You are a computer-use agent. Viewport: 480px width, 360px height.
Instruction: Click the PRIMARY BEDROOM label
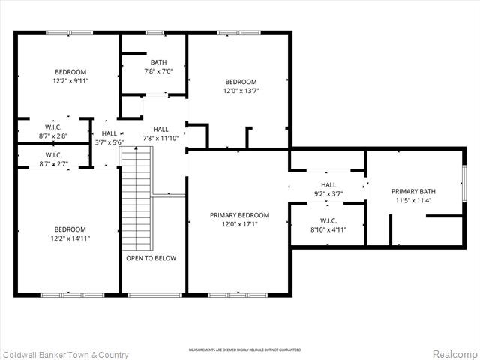tap(239, 215)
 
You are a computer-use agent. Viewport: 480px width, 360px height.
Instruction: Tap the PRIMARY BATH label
tap(413, 191)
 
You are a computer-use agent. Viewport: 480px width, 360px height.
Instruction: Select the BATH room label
tap(158, 62)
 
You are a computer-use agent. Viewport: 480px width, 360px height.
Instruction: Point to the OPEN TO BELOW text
tap(151, 258)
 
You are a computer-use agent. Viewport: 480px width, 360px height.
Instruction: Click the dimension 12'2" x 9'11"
tap(70, 80)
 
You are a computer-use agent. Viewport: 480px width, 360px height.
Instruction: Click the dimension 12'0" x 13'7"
tap(241, 91)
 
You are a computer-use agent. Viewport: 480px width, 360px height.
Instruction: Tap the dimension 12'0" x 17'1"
tap(239, 224)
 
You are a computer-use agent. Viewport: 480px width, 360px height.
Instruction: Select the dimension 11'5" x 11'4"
tap(413, 200)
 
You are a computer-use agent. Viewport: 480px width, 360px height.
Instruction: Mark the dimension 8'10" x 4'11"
tap(328, 229)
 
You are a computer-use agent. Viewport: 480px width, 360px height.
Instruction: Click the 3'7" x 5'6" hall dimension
tap(109, 142)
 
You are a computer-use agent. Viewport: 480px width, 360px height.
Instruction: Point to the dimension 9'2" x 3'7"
tap(328, 193)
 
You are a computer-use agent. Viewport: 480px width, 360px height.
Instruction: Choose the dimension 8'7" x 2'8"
tap(52, 136)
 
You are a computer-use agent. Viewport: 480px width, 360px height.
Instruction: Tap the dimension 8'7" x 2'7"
tap(52, 163)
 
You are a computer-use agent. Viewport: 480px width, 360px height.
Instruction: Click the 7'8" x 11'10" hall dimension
tap(161, 138)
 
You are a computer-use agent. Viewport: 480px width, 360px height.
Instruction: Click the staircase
tap(136, 198)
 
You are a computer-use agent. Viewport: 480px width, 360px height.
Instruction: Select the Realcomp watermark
tap(453, 354)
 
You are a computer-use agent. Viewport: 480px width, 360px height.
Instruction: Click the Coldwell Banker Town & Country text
tap(65, 355)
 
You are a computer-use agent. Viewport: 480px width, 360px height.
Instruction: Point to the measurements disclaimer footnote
tap(244, 350)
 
